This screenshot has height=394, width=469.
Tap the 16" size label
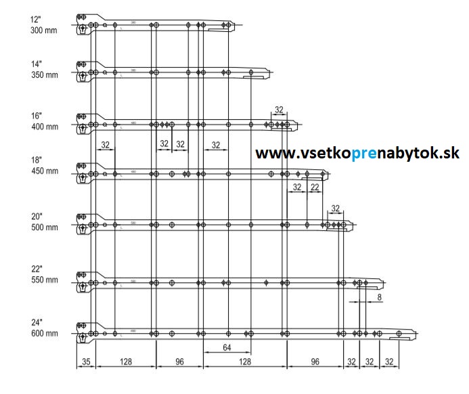37,116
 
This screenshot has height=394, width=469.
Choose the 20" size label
37,216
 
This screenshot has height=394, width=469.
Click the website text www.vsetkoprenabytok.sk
357,154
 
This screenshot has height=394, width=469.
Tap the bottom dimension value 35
85,362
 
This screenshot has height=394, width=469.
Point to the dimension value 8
379,297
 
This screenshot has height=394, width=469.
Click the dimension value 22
315,187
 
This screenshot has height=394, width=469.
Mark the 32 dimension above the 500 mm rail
335,208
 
